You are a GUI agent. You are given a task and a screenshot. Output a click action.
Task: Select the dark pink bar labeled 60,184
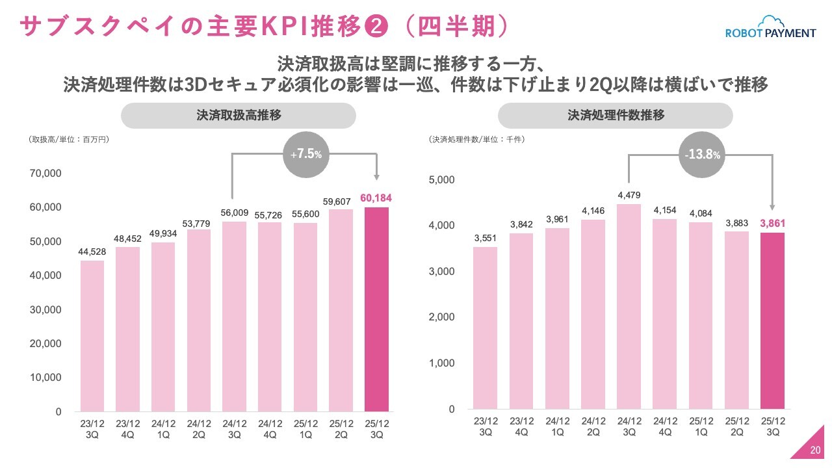(376, 309)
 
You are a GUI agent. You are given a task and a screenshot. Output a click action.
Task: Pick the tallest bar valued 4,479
(629, 306)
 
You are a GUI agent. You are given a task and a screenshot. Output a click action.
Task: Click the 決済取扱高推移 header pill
(239, 116)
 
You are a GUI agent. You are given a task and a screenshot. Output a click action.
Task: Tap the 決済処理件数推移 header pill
(616, 116)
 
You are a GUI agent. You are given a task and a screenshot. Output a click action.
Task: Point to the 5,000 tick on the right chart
(442, 180)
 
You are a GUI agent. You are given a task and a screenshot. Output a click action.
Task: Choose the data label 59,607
(341, 201)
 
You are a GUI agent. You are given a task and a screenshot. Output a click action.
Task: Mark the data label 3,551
(485, 239)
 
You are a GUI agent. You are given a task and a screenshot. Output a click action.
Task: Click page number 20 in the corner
(815, 450)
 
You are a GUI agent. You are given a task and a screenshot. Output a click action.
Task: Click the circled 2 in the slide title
(378, 27)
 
